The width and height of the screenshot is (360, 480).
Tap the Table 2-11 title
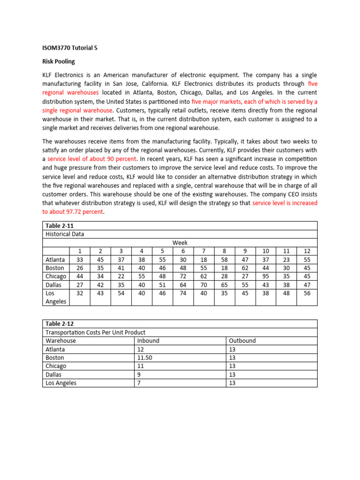tap(60, 225)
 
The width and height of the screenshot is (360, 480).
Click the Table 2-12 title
tap(60, 323)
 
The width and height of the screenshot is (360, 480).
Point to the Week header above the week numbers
tap(180, 242)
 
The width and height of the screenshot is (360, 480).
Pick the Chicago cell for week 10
tap(265, 276)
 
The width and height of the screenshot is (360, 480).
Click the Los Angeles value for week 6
tap(183, 293)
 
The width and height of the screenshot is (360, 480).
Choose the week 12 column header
tap(307, 251)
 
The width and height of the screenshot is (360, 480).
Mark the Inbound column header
tap(148, 341)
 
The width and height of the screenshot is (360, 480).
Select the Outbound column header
tap(243, 341)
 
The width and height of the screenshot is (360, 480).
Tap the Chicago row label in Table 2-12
tap(56, 366)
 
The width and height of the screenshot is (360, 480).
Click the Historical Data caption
tap(65, 234)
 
